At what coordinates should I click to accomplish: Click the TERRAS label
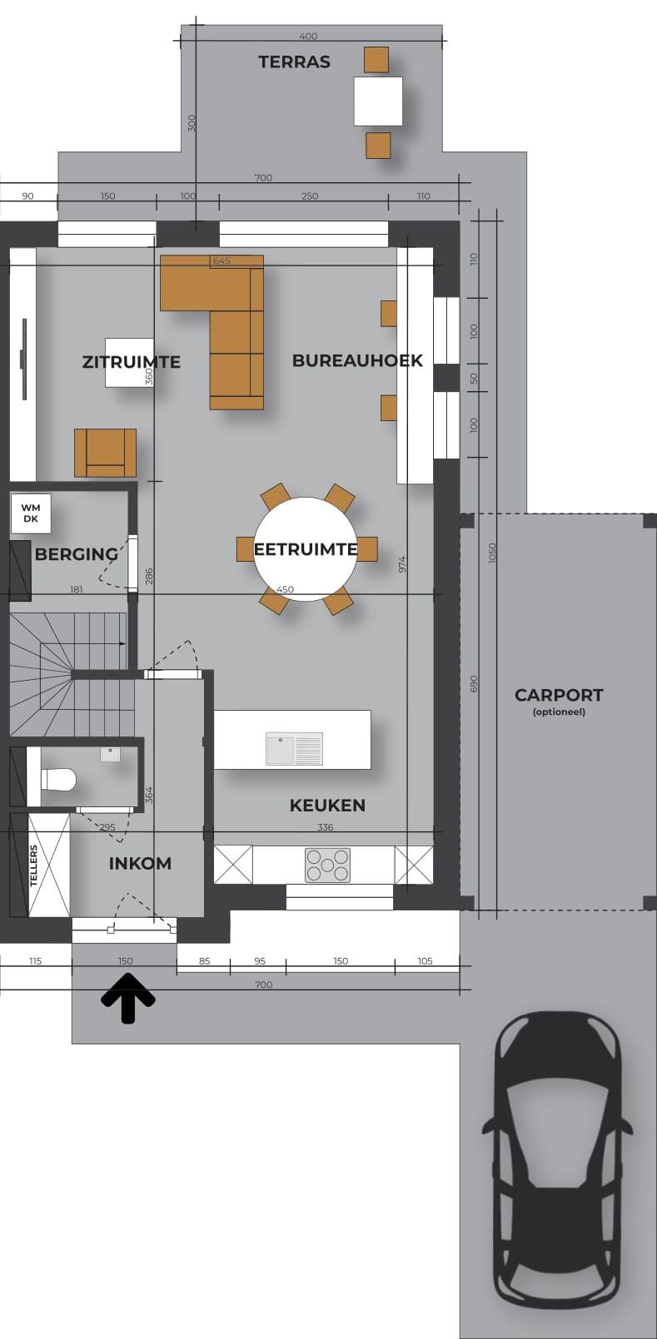pos(295,62)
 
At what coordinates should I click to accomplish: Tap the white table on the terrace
pos(377,101)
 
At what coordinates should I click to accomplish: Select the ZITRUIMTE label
pos(131,362)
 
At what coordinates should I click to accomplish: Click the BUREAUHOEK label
pos(357,360)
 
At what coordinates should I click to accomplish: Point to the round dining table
pos(306,548)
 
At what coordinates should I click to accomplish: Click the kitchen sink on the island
pos(295,748)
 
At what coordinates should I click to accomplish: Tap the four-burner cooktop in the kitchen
pos(327,865)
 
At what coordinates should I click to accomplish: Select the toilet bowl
pos(57,779)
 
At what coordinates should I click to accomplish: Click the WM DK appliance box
pos(31,513)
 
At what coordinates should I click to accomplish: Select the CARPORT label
pos(559,695)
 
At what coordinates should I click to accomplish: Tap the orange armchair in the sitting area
pos(105,453)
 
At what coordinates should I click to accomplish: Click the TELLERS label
pos(33,865)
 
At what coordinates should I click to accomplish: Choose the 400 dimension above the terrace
pos(308,37)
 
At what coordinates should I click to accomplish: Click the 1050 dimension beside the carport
pos(492,553)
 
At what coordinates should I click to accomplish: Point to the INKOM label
pos(140,863)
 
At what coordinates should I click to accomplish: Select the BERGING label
pos(77,554)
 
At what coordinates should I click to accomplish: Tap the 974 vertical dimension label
pos(402,564)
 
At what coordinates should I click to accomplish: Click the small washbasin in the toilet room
pos(110,754)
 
